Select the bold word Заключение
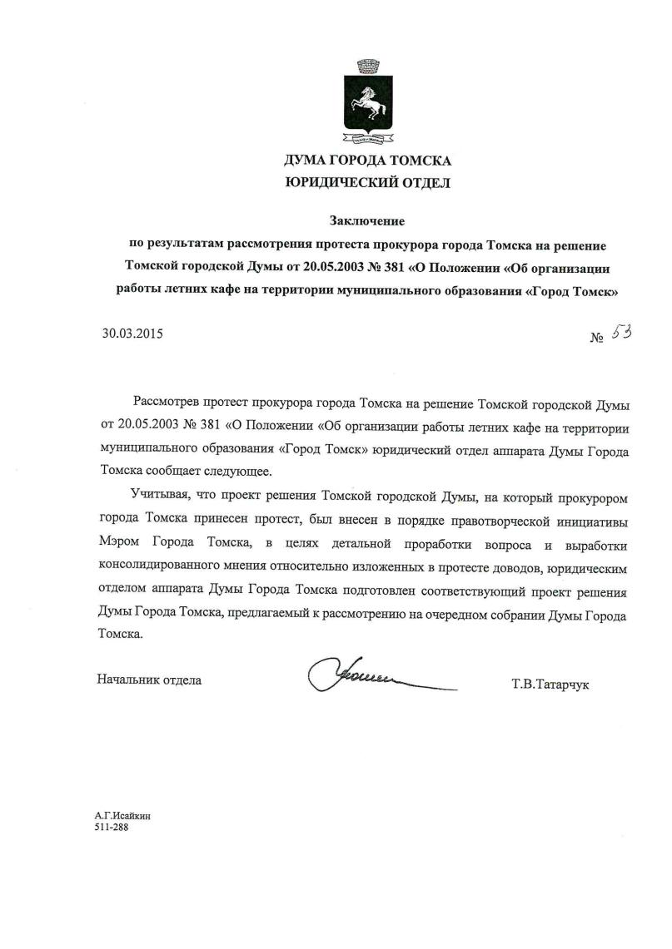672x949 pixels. coord(366,221)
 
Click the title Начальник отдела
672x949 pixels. coord(149,680)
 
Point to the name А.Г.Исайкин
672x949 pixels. coord(122,817)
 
